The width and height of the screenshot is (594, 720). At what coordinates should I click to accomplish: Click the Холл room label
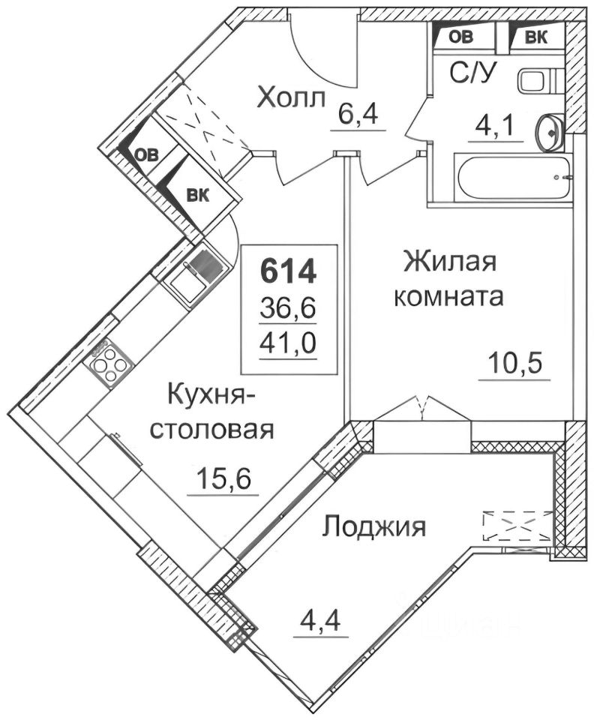coord(291,97)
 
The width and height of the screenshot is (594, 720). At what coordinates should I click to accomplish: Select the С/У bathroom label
coord(471,73)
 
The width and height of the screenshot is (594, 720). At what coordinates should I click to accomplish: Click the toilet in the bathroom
coord(537,79)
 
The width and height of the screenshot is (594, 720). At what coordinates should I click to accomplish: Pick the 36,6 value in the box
coord(289,307)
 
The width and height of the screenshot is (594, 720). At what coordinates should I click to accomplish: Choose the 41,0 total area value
coord(289,343)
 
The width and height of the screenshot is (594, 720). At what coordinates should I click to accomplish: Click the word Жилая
coord(449,263)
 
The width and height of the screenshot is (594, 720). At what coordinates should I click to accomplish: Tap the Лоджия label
coord(373,526)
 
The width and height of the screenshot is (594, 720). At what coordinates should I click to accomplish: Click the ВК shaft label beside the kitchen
coord(197,196)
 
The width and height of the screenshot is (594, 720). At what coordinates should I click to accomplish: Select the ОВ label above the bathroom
coord(460,36)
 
